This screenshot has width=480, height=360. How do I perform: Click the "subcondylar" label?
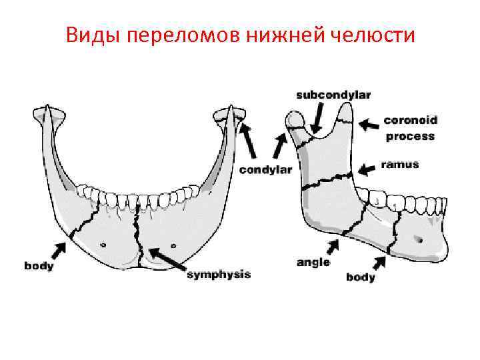point(324,96)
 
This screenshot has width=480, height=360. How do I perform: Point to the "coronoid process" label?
point(409,128)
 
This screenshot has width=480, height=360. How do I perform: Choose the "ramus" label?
point(400,164)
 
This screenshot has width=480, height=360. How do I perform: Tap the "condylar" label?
point(266,170)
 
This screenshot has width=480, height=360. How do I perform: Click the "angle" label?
point(313,262)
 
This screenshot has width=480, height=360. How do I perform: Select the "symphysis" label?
point(219,274)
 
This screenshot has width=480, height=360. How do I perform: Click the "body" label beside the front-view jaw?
point(39,266)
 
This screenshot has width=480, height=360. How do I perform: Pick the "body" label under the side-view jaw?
point(361,277)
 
